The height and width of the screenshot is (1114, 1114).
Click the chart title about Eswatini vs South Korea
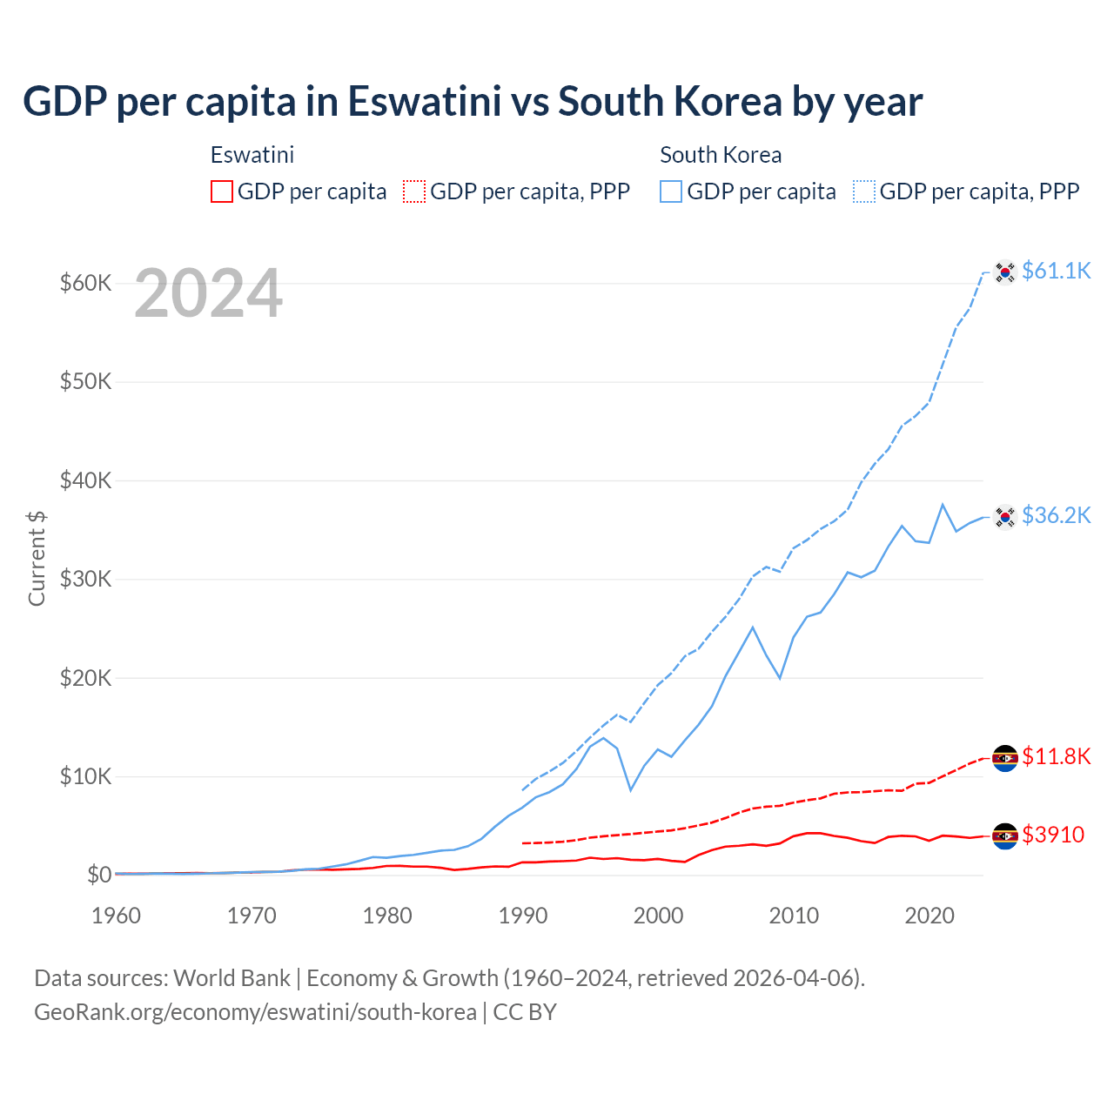tap(473, 102)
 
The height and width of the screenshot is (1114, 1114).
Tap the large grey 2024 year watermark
tap(208, 294)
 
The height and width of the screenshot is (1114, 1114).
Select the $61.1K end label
tap(1056, 271)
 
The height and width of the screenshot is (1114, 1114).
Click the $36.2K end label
tap(1056, 515)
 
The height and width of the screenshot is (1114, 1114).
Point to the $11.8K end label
tap(1056, 756)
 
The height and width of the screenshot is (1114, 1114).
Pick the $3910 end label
tap(1053, 835)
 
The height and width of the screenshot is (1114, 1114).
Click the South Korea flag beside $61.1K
tap(1005, 272)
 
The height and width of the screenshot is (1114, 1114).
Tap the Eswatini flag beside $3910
tap(1005, 836)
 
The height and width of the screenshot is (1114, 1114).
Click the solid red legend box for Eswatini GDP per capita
tap(222, 191)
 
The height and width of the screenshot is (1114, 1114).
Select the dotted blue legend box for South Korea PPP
tap(864, 191)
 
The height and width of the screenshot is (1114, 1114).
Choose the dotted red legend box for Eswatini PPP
tap(414, 191)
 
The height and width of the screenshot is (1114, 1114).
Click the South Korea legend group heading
tap(721, 155)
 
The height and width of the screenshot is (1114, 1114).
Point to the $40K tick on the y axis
tap(85, 480)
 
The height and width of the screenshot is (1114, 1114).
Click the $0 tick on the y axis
tap(99, 875)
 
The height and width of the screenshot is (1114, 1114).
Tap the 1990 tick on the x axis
tap(523, 916)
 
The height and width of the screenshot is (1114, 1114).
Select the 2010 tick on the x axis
tap(794, 916)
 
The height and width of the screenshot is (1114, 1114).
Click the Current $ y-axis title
tap(37, 558)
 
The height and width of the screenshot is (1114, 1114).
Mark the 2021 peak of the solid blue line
tap(943, 504)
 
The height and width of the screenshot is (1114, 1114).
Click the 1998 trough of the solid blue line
tap(631, 790)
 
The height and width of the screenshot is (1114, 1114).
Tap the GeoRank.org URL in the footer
tap(255, 1012)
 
